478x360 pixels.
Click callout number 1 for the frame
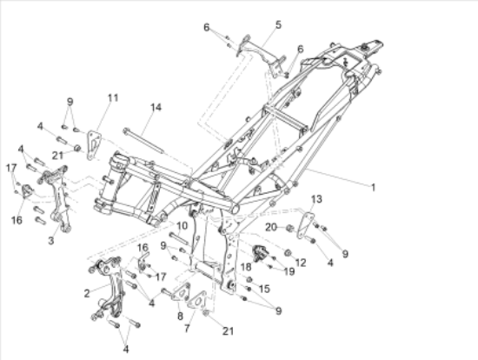(373, 187)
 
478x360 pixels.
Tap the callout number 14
(156, 107)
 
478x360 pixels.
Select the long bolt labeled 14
(143, 141)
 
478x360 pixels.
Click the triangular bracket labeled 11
(93, 145)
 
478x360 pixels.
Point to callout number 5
(278, 24)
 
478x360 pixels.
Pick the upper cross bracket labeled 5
(262, 57)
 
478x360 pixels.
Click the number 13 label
(316, 199)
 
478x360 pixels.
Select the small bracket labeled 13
(306, 226)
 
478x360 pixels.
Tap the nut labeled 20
(289, 228)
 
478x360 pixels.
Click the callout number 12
(301, 263)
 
